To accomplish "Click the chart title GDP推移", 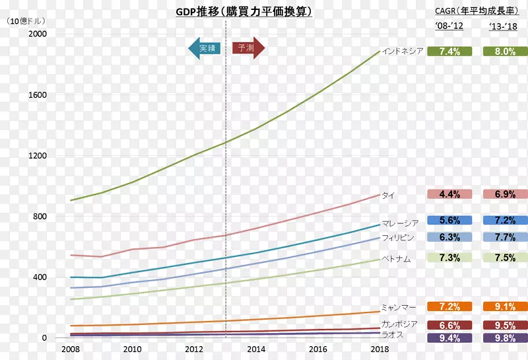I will pos(244,12).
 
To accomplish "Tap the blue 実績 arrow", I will pos(205,48).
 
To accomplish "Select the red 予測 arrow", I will pos(248,48).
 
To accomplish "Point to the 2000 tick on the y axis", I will pos(38,34).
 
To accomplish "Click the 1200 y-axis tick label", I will pos(38,156).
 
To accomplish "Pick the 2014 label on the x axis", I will pos(256,349).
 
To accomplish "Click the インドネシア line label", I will pos(402,52).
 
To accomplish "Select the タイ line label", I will pos(388,196).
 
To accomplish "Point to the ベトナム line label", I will pos(396,260).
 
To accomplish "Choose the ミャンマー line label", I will pos(399,308).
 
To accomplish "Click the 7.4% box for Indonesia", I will pos(449,52).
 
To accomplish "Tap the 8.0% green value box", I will pos(504,52).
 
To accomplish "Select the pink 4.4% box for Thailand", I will pos(449,194).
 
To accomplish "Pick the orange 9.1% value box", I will pos(504,306).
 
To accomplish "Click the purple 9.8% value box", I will pos(504,338).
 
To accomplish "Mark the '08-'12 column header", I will pos(449,26).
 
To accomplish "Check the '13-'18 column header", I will pos(504,26).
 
